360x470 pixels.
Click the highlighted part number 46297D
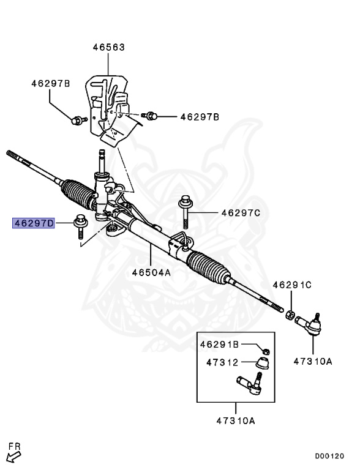pyautogui.click(x=34, y=223)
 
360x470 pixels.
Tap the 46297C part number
pyautogui.click(x=241, y=212)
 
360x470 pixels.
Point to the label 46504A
pyautogui.click(x=151, y=272)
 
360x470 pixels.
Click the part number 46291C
pyautogui.click(x=292, y=285)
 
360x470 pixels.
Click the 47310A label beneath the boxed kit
pyautogui.click(x=235, y=420)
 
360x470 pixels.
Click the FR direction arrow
pyautogui.click(x=12, y=453)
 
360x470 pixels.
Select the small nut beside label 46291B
pyautogui.click(x=266, y=350)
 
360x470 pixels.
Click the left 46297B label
pyautogui.click(x=51, y=83)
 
